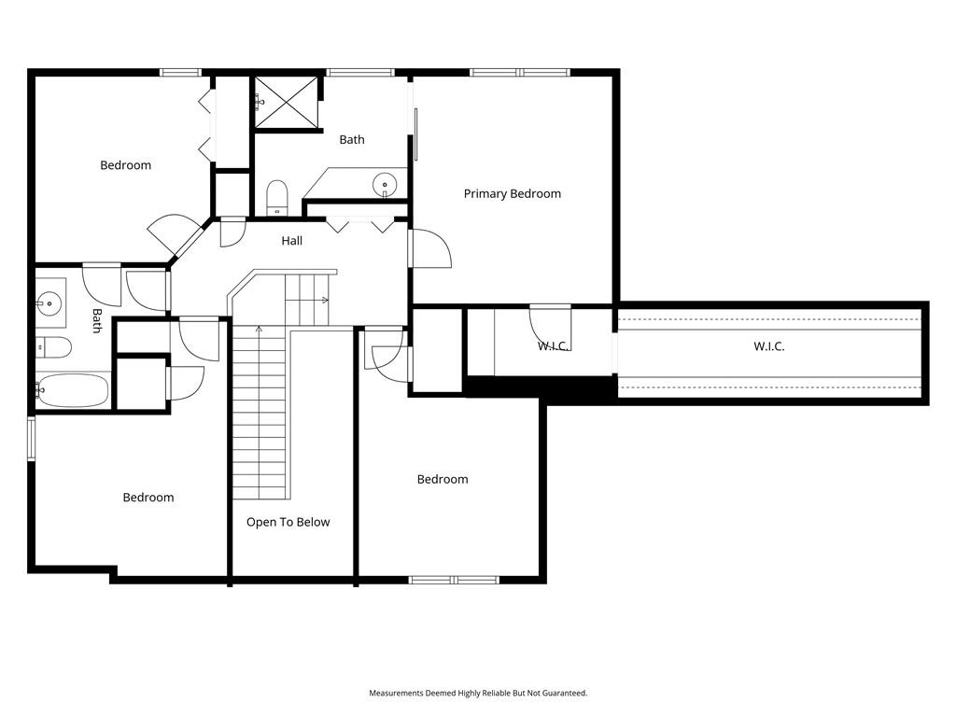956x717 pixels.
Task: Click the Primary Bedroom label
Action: click(513, 194)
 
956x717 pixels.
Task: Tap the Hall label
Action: click(292, 241)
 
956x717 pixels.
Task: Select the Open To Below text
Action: click(288, 523)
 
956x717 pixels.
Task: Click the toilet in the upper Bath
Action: click(276, 198)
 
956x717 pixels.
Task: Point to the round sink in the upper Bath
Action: click(385, 183)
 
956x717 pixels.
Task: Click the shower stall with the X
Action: click(287, 103)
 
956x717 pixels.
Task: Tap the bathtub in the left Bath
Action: click(72, 391)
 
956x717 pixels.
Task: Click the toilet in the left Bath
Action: click(53, 347)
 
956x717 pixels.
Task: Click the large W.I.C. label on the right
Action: click(769, 347)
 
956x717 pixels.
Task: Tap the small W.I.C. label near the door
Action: click(553, 347)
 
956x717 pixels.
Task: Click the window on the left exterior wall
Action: click(32, 439)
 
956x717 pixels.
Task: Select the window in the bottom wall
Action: click(455, 580)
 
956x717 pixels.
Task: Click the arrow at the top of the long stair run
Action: click(260, 330)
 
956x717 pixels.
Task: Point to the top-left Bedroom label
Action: click(126, 165)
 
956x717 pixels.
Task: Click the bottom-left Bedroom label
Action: click(148, 498)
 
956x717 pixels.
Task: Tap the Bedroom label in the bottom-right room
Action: click(443, 479)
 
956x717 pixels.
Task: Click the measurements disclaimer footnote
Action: click(478, 694)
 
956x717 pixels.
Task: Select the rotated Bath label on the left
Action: click(97, 321)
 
